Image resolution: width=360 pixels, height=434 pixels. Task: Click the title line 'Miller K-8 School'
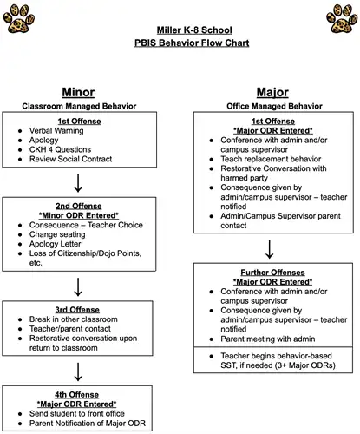point(180,29)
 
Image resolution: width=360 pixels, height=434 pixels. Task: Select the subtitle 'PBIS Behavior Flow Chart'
point(180,43)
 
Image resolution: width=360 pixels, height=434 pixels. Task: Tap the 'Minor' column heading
point(79,91)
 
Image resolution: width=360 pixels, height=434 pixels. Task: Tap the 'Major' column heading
point(273,91)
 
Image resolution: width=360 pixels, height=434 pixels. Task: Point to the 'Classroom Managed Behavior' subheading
point(79,105)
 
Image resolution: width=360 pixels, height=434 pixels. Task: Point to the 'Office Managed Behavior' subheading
point(273,105)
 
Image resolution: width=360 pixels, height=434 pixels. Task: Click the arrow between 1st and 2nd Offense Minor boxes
point(79,181)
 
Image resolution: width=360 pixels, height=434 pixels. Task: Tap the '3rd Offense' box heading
point(79,310)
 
